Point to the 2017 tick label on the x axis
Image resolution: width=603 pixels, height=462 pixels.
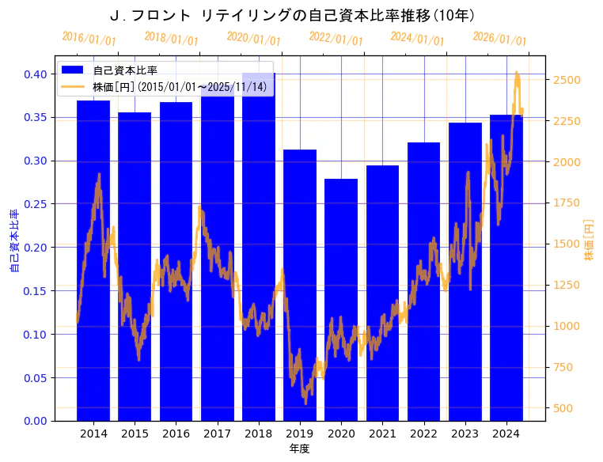click(217, 434)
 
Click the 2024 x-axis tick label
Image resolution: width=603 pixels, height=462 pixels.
click(506, 434)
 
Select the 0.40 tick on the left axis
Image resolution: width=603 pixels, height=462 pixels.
click(35, 74)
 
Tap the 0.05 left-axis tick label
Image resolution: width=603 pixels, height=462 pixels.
click(35, 377)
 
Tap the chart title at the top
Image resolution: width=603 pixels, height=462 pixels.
click(292, 15)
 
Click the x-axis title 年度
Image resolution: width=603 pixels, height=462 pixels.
click(299, 449)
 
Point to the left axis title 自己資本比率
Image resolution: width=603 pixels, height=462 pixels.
click(13, 241)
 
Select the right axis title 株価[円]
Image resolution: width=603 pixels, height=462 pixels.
click(589, 241)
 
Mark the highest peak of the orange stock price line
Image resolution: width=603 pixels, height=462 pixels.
click(517, 72)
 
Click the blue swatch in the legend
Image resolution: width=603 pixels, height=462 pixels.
click(76, 70)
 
